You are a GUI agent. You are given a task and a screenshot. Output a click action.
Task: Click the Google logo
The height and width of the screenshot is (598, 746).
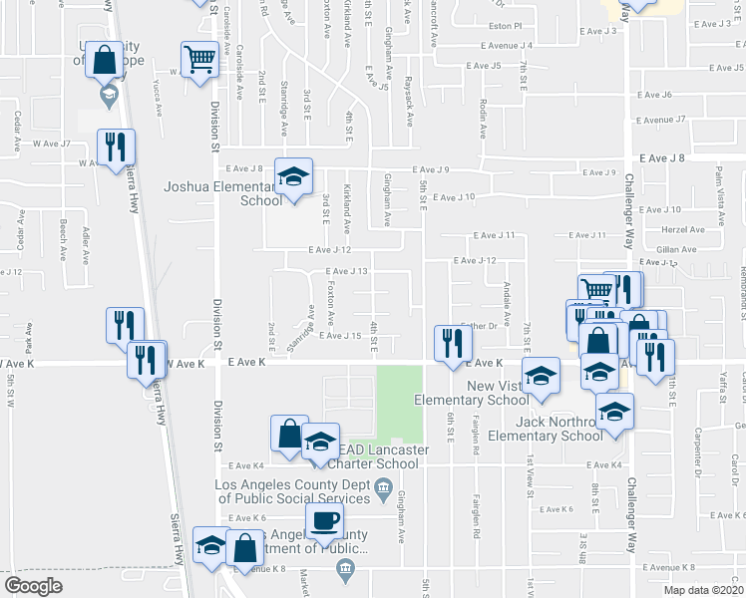[x=32, y=586]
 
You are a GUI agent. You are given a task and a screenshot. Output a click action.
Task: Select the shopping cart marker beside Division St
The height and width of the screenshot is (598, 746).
[x=199, y=59]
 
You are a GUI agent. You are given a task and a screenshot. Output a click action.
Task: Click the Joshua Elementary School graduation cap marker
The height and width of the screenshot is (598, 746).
[x=293, y=176]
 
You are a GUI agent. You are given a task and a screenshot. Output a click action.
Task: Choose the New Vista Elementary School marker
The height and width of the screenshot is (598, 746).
[x=541, y=375]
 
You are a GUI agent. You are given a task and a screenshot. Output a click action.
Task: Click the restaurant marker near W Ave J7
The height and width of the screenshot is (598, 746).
[x=116, y=149]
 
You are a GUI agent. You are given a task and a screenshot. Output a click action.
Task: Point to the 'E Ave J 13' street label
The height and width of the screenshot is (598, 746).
[x=348, y=271]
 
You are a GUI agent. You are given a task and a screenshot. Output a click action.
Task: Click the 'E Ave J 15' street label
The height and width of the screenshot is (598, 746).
[x=339, y=335]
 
